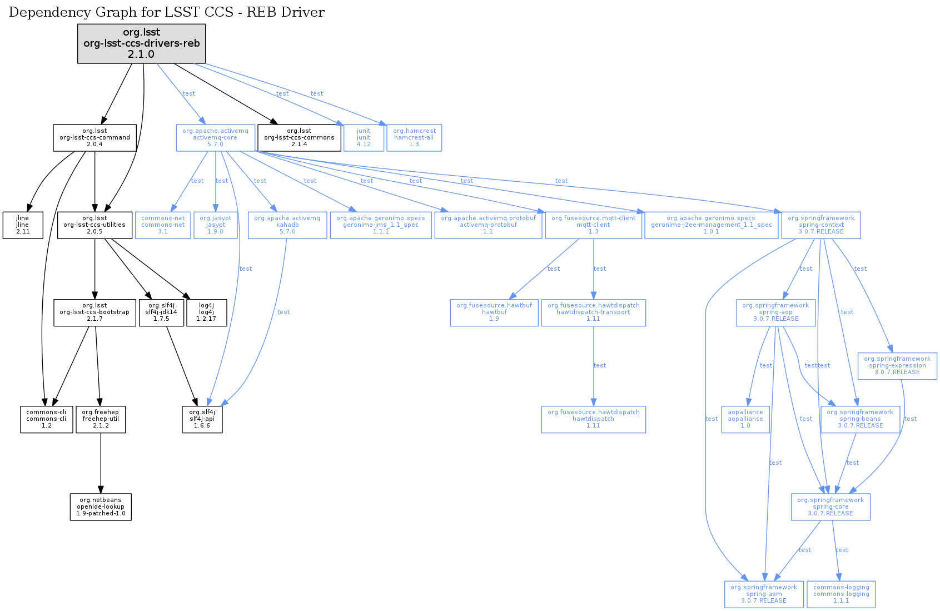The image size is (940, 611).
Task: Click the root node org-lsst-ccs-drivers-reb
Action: click(141, 43)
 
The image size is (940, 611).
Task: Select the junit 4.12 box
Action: click(364, 138)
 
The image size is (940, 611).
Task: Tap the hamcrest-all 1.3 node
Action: click(414, 138)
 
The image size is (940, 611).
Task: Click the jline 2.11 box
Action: click(23, 225)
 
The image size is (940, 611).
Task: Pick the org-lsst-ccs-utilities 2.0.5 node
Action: click(95, 225)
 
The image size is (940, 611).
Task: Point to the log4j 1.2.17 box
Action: click(206, 312)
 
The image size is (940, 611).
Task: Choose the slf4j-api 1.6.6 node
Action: click(202, 419)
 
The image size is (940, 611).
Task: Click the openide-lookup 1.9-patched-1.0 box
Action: click(101, 507)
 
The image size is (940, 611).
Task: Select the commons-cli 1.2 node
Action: click(47, 419)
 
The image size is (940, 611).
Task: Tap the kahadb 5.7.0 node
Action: click(287, 225)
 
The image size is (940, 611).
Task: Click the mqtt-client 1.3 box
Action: click(593, 225)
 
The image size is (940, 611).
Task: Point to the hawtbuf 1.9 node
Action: click(494, 312)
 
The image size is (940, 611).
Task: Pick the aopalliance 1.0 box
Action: click(745, 419)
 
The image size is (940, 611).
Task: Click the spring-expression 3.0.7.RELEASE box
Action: click(897, 366)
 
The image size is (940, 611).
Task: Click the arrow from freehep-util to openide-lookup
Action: click(101, 463)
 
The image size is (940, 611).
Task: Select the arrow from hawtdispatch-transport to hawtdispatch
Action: click(593, 366)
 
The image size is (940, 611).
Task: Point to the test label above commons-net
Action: click(197, 181)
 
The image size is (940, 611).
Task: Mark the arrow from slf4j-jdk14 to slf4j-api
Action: click(181, 366)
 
